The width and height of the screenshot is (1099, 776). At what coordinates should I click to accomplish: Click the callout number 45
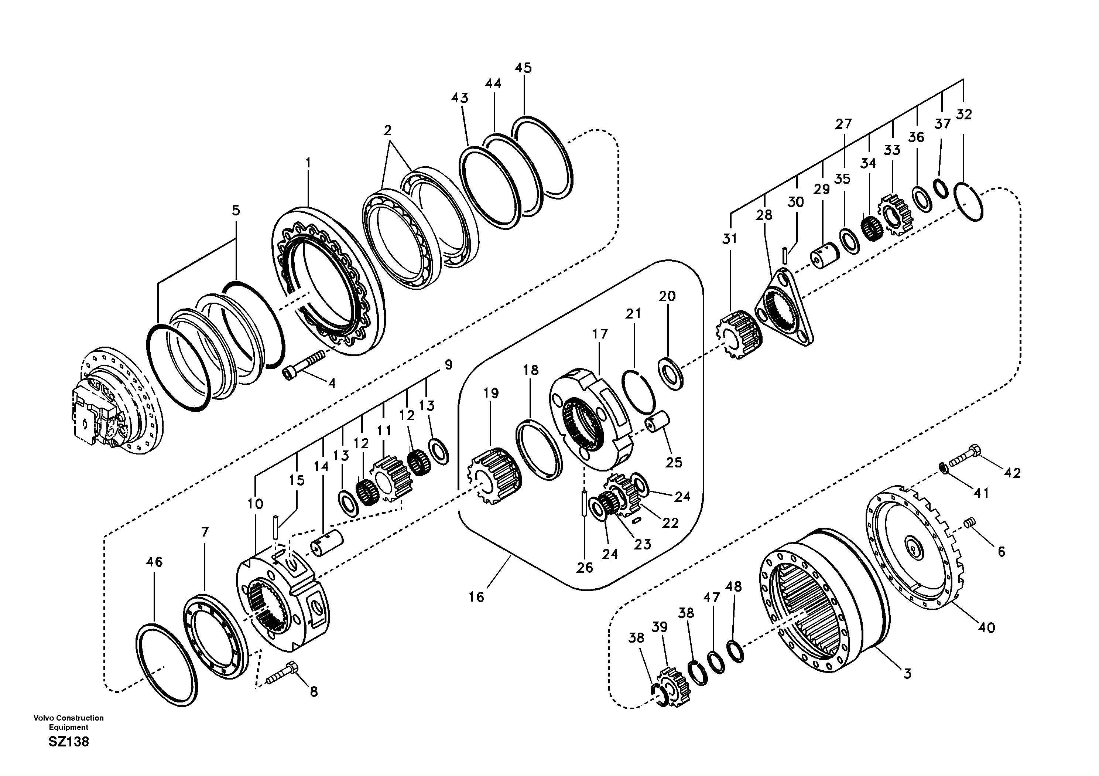coord(523,68)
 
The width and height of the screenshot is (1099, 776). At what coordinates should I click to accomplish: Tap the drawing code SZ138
coord(68,742)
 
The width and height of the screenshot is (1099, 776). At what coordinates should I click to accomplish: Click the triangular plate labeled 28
coord(784,307)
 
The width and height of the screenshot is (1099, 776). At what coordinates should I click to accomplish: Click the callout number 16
coord(476,597)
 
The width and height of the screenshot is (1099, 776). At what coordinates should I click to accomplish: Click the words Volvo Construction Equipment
coord(68,722)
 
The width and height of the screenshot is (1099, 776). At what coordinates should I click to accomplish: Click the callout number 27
coord(843,124)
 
